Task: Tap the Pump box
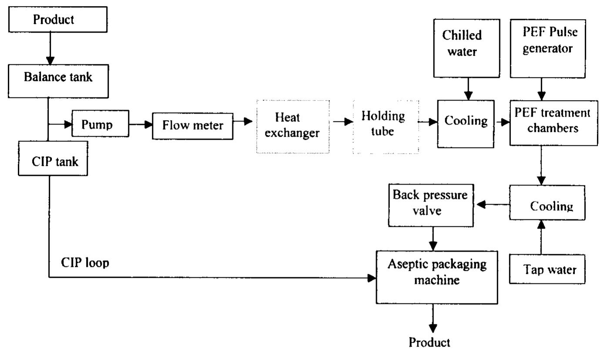pos(100,124)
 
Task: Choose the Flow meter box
pos(192,125)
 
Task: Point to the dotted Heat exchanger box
pos(292,126)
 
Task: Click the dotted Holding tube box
pos(386,126)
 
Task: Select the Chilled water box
pos(468,43)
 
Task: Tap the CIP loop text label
pos(85,262)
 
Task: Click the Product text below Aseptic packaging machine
pos(430,343)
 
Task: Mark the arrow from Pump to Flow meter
pos(141,124)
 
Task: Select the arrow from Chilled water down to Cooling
pos(468,89)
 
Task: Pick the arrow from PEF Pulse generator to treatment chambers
pos(541,89)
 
